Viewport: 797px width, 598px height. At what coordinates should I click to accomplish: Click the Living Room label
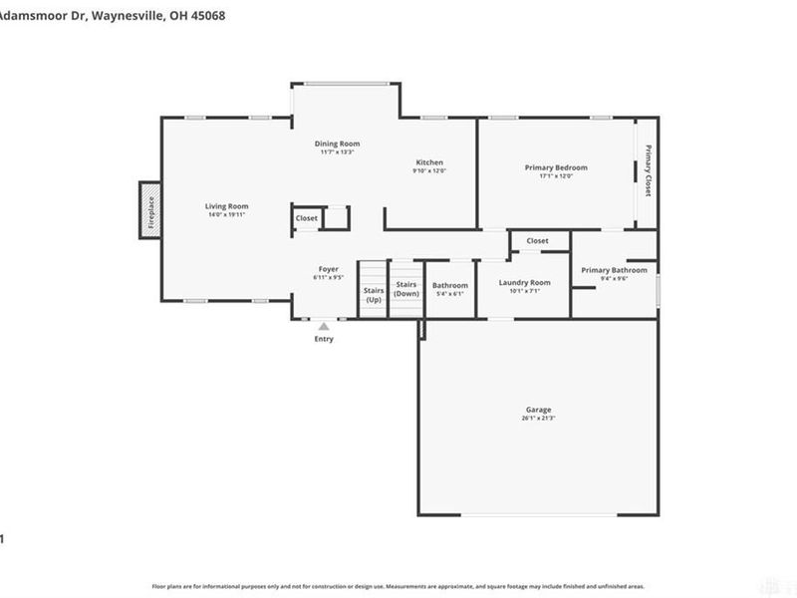(x=226, y=206)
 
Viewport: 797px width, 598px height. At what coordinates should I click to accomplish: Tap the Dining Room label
(x=337, y=144)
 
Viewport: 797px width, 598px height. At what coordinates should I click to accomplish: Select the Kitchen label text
(x=429, y=162)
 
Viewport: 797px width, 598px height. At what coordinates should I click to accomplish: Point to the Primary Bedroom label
(x=556, y=167)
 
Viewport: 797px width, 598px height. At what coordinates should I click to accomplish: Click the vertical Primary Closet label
(x=648, y=170)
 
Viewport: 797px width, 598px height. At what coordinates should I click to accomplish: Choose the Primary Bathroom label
(x=614, y=270)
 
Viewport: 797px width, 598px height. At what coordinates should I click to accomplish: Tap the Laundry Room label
(x=524, y=283)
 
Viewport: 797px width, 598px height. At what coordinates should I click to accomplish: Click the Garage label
(x=538, y=410)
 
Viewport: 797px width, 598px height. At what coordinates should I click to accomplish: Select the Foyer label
(x=328, y=269)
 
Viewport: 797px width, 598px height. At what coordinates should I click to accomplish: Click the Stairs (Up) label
(x=374, y=295)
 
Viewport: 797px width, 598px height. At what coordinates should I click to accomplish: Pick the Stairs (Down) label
(x=405, y=289)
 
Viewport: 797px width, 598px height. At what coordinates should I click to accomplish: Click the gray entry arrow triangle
(x=323, y=325)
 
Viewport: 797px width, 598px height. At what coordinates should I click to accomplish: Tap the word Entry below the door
(x=324, y=339)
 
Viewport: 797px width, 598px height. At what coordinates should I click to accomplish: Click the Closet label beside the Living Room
(x=307, y=218)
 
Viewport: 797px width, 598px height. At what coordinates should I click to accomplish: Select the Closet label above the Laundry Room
(x=537, y=241)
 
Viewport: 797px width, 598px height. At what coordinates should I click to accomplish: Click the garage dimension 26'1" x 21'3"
(x=538, y=419)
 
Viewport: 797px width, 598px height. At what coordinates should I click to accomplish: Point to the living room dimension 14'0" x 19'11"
(x=226, y=215)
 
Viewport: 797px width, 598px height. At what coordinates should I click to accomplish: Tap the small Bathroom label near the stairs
(x=449, y=285)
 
